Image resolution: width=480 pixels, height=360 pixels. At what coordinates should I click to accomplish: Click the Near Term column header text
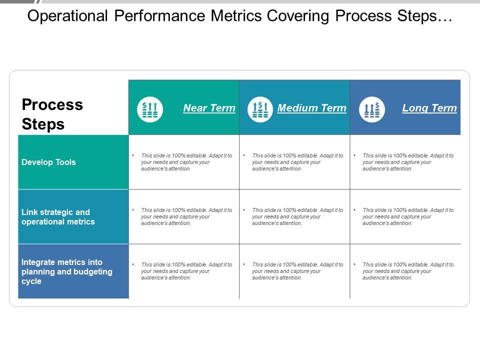point(209,108)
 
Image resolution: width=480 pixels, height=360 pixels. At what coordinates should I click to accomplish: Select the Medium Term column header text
point(311,108)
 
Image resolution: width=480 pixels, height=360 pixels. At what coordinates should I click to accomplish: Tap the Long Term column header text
point(429,108)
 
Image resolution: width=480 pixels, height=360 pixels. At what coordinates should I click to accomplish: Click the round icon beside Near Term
point(150,109)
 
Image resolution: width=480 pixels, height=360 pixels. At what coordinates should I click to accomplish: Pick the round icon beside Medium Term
point(260,109)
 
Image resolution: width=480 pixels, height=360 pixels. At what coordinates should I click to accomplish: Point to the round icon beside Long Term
point(372,109)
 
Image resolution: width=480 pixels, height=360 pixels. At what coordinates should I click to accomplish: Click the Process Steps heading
point(52,114)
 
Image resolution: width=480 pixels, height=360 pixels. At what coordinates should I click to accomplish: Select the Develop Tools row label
point(48,162)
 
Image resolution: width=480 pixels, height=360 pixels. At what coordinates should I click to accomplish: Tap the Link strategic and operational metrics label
point(58,217)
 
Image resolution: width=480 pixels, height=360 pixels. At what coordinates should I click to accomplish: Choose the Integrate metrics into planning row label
point(67,271)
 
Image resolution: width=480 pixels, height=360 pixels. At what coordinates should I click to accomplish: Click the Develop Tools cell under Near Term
point(183,162)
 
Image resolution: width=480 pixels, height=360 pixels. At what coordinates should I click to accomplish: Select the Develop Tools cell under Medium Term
point(294,162)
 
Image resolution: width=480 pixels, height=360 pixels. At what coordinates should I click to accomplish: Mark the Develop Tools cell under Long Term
point(405,162)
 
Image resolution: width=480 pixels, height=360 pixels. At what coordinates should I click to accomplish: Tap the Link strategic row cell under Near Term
point(183,217)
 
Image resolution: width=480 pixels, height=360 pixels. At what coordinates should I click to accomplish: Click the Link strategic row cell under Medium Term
point(294,217)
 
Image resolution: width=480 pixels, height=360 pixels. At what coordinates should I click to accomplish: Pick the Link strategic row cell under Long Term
point(405,217)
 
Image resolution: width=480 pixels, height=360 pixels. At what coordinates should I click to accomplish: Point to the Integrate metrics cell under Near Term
point(183,271)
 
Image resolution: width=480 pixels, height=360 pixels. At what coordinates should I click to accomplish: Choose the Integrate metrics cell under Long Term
point(405,271)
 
